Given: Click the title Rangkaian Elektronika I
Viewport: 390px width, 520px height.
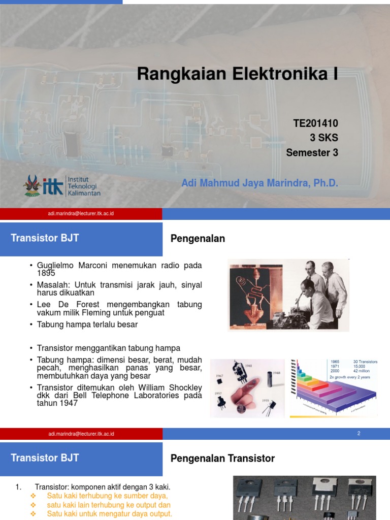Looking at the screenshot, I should click(x=237, y=75).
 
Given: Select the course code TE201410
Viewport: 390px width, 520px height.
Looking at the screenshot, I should click(x=315, y=123).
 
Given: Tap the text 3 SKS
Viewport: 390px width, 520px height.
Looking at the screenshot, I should click(x=323, y=138).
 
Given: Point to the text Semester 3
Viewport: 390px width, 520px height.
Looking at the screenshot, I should click(x=312, y=152).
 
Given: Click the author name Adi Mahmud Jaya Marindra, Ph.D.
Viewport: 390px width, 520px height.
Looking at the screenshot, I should click(x=259, y=183).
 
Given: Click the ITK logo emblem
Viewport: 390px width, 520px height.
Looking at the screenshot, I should click(x=33, y=185).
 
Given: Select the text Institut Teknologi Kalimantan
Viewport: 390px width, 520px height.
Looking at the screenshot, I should click(x=84, y=186).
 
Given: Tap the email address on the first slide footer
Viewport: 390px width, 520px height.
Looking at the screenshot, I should click(x=81, y=214).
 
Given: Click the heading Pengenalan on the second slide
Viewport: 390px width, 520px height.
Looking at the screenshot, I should click(x=198, y=239).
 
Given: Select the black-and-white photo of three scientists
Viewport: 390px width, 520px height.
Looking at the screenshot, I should click(x=288, y=295).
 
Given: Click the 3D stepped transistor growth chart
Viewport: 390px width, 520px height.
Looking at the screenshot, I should click(x=334, y=388).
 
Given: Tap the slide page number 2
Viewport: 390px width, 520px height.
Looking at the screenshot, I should click(x=359, y=434).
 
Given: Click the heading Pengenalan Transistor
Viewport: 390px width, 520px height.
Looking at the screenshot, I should click(x=222, y=459).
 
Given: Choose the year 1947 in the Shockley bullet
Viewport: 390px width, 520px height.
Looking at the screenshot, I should click(x=69, y=403).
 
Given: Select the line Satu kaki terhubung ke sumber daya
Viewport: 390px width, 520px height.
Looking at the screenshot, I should click(x=107, y=496).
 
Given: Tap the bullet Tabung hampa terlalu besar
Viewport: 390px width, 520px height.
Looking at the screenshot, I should click(x=87, y=324).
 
